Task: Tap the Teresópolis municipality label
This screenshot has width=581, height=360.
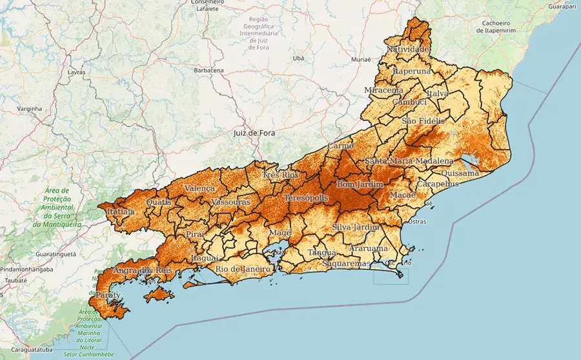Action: pos(307,197)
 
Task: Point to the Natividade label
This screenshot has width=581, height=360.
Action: pos(407,49)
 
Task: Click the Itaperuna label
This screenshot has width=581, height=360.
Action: pos(412,71)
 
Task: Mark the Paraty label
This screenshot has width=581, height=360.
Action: pos(108,295)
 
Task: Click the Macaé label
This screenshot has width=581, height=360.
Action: pos(403,195)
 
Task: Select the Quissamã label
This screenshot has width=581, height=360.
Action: pos(459,173)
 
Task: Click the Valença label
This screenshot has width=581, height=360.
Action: pos(199,188)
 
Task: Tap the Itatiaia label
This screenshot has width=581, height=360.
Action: pos(121,211)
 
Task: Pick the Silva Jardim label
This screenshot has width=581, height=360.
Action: pos(355,227)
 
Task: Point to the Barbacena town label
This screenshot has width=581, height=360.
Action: pos(209,70)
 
